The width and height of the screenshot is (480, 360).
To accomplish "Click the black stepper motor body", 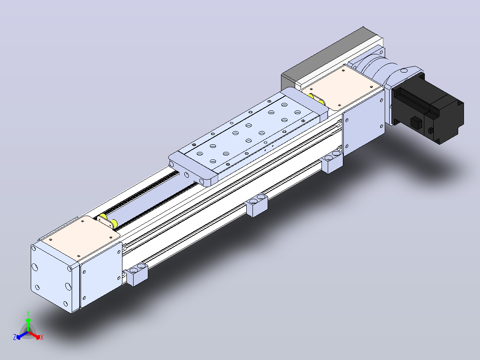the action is coord(428,109).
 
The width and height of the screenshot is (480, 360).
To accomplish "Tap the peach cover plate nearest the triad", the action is coord(80,238).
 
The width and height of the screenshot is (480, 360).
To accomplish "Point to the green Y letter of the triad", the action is coord(28,313).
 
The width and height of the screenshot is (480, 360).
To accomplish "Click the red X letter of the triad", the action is coord(42,337).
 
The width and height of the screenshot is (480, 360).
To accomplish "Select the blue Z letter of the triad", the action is coord(14,337).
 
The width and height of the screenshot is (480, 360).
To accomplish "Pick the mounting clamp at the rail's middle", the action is coord(256,205).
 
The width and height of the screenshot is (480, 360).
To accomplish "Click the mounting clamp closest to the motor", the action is coord(332,161).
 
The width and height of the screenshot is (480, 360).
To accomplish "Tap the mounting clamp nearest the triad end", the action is coord(137,274).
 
